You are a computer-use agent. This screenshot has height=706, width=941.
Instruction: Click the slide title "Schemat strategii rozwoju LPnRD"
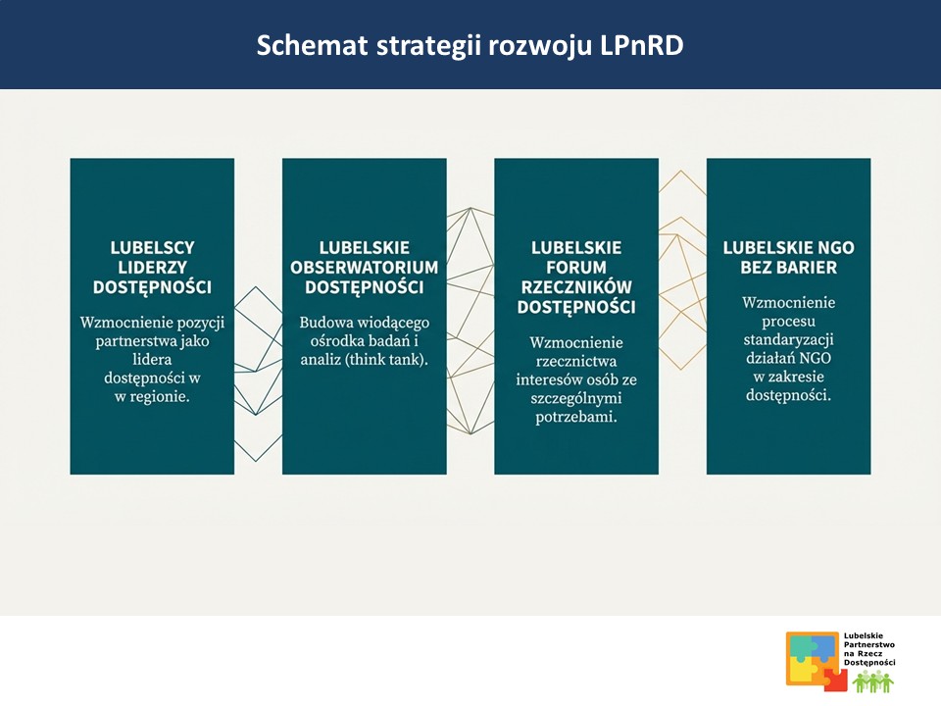tap(470, 45)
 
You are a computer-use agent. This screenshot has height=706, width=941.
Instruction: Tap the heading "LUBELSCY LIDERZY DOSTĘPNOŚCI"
tap(152, 267)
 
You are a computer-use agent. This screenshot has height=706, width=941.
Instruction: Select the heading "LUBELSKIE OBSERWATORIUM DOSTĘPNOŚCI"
tap(364, 267)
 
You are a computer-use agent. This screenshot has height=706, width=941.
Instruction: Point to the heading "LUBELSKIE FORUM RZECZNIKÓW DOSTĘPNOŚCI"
tap(576, 277)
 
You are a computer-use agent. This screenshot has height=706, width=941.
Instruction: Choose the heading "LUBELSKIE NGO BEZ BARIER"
tap(788, 257)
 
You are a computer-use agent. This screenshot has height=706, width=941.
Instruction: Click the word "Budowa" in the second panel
tap(324, 323)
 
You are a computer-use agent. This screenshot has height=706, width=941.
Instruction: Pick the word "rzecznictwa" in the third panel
tap(576, 361)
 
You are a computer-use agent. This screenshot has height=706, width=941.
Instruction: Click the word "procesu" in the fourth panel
tap(788, 321)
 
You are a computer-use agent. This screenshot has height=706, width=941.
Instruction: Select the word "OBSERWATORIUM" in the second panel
tap(364, 267)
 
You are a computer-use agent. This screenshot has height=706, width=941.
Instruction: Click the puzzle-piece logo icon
tap(812, 658)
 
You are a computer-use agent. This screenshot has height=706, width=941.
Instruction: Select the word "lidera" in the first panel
tap(152, 359)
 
